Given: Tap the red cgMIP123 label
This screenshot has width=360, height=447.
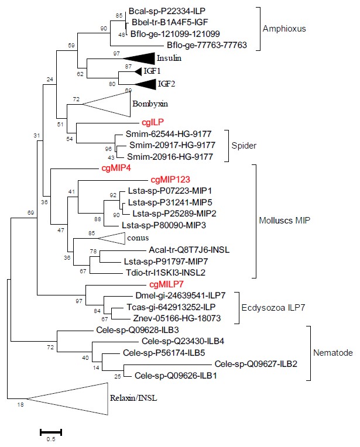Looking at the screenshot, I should coord(172,180).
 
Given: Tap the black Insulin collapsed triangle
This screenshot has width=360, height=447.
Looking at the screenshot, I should coord(138,57).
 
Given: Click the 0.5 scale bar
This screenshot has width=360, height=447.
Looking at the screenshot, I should coord(50,432).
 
